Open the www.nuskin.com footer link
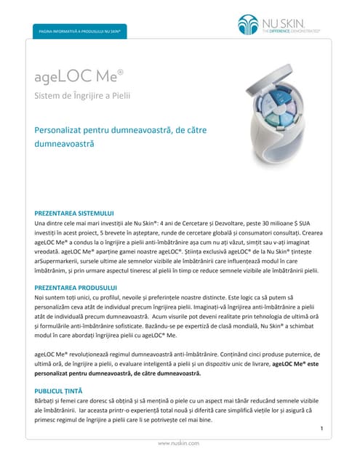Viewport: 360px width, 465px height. coord(180,442)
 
